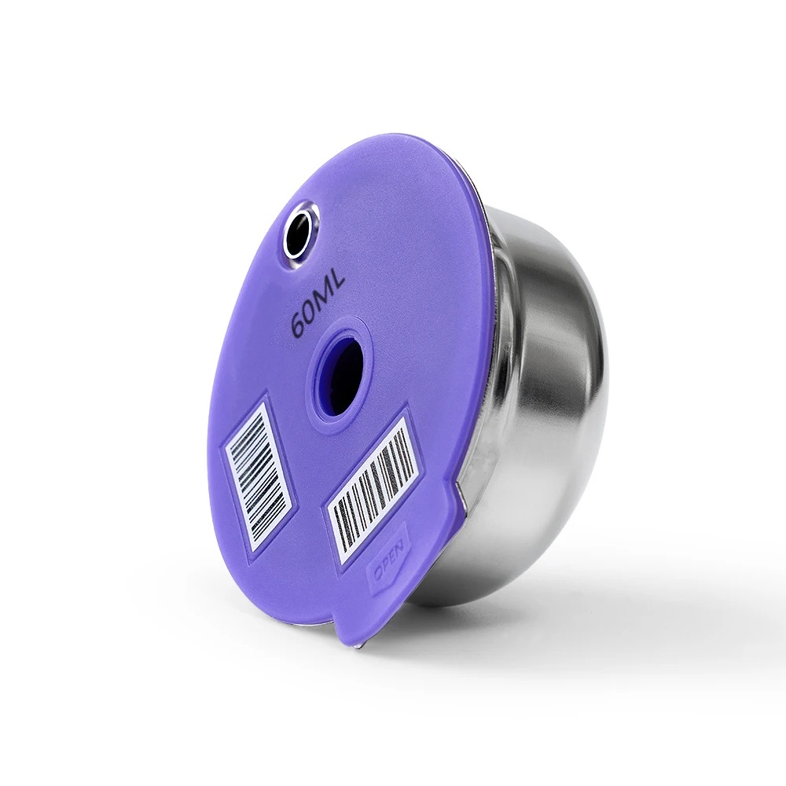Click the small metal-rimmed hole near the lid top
(299, 233)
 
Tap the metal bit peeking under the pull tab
(359, 645)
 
